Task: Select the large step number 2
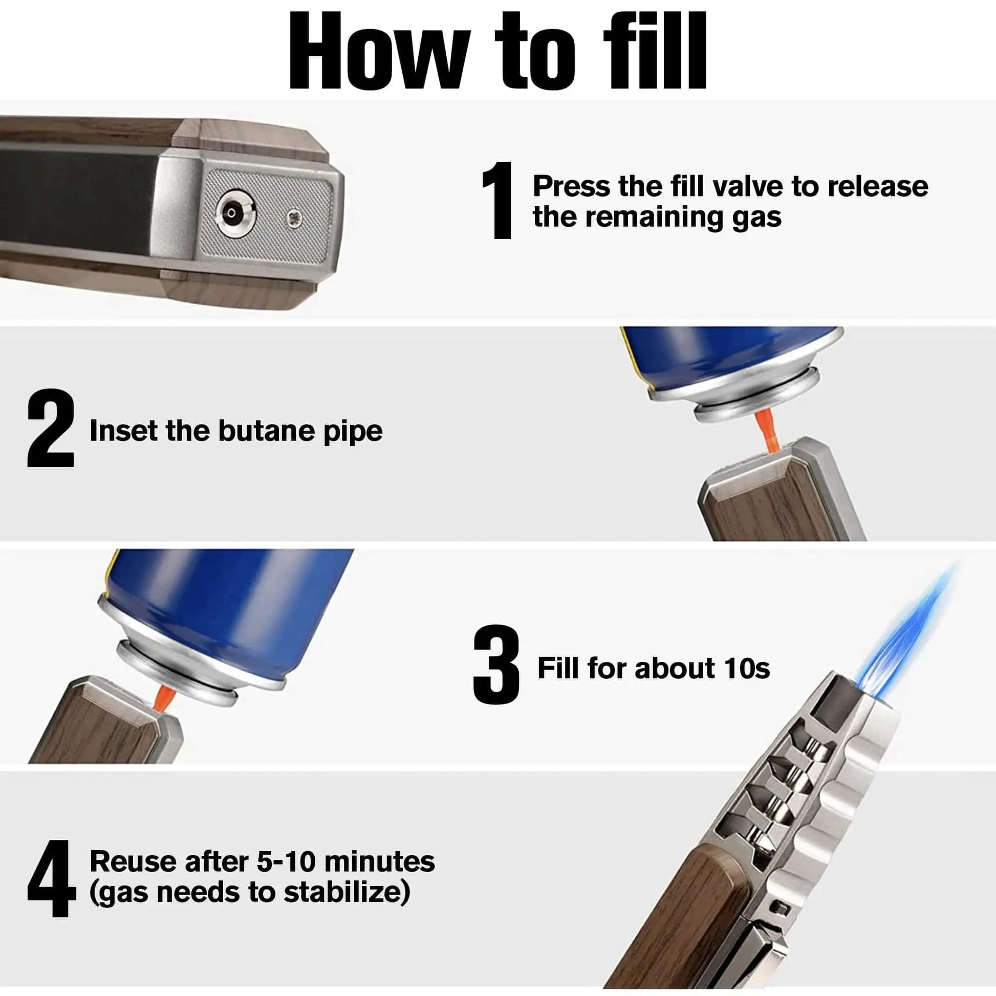pos(51,429)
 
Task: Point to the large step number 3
pos(496,664)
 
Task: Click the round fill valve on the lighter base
pos(231,212)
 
